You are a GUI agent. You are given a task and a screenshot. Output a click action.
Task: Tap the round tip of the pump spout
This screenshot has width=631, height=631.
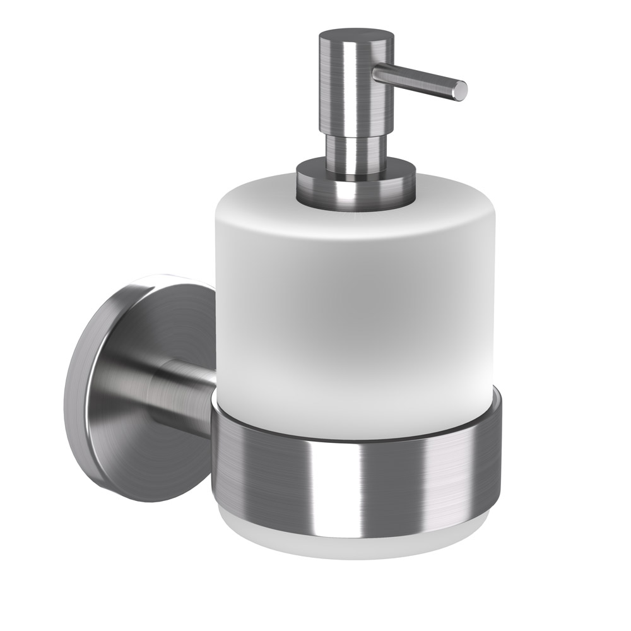(461, 90)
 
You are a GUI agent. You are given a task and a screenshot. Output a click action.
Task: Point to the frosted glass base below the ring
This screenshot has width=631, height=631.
(353, 543)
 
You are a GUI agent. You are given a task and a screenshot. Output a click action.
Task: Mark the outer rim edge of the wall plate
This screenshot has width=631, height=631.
(73, 404)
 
